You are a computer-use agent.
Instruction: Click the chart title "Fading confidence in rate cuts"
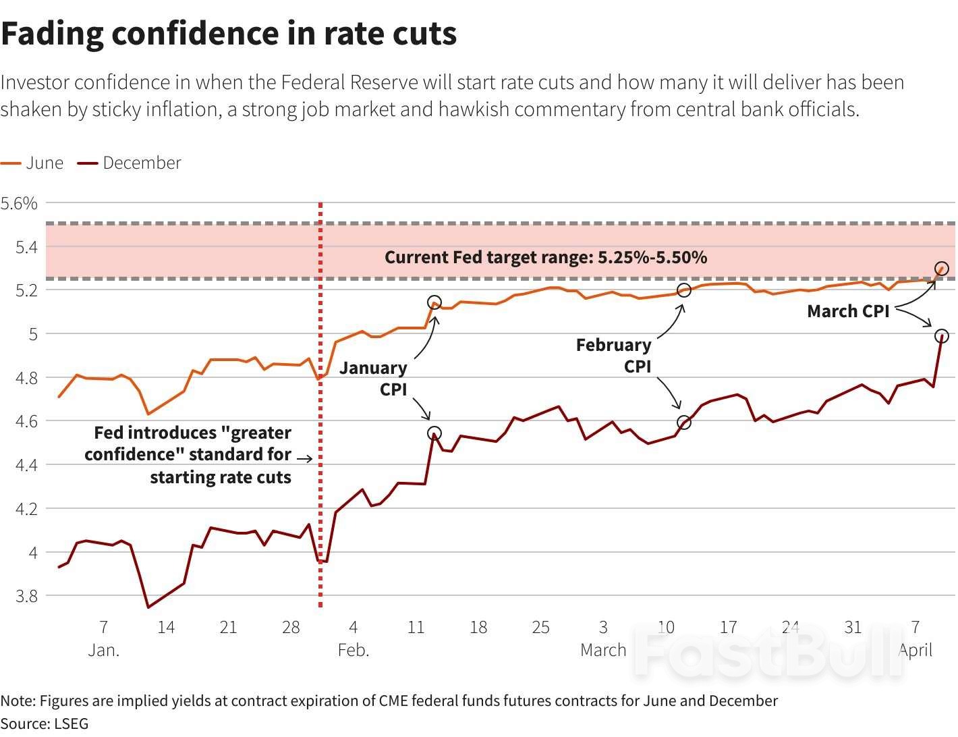pyautogui.click(x=229, y=34)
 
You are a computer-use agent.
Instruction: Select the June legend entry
pyautogui.click(x=32, y=163)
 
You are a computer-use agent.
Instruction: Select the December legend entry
pyautogui.click(x=130, y=163)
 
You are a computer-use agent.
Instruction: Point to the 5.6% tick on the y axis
pyautogui.click(x=20, y=203)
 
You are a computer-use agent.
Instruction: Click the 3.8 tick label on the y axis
pyautogui.click(x=26, y=596)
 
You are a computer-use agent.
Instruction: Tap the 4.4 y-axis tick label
pyautogui.click(x=26, y=465)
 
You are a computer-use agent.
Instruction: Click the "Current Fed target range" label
pyautogui.click(x=545, y=257)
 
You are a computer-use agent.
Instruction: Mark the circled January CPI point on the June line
pyautogui.click(x=434, y=302)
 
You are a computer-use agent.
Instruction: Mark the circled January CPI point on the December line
pyautogui.click(x=434, y=433)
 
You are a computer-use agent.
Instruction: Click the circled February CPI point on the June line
pyautogui.click(x=683, y=290)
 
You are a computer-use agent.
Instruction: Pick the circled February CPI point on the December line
pyautogui.click(x=683, y=422)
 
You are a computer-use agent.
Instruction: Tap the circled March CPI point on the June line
pyautogui.click(x=942, y=269)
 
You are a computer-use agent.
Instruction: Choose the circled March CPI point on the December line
pyautogui.click(x=942, y=335)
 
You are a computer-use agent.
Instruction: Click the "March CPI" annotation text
pyautogui.click(x=848, y=311)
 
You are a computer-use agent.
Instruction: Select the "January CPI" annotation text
pyautogui.click(x=373, y=379)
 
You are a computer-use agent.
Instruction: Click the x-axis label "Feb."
pyautogui.click(x=354, y=650)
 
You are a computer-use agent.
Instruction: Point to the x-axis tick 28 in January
pyautogui.click(x=291, y=627)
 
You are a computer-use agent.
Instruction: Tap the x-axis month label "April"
pyautogui.click(x=915, y=650)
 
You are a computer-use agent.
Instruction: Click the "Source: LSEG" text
pyautogui.click(x=45, y=724)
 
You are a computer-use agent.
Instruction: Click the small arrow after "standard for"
pyautogui.click(x=305, y=459)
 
